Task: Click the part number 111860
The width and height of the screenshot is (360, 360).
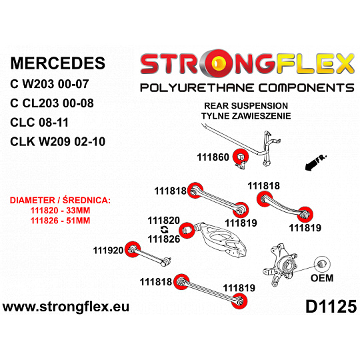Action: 213,157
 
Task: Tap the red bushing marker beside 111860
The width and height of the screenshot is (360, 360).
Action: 241,157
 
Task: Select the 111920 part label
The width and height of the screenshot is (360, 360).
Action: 109,250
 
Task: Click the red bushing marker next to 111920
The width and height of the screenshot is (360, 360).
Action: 133,249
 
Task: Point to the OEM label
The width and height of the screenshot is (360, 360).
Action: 322,278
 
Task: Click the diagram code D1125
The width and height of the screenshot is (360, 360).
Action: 331,307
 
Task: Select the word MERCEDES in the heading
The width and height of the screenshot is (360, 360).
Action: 58,63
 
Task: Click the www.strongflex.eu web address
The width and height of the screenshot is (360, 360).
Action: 66,307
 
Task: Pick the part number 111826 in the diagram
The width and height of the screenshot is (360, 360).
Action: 164,239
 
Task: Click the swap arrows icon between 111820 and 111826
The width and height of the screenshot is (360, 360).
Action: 165,229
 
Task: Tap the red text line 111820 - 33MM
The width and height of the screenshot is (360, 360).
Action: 60,211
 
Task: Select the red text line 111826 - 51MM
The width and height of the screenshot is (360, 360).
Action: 60,221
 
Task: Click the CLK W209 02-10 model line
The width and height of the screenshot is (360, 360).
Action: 57,141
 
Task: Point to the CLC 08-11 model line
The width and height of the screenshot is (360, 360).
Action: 39,122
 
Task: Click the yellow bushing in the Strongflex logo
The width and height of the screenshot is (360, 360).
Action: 220,63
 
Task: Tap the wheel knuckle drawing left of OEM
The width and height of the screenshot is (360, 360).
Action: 280,265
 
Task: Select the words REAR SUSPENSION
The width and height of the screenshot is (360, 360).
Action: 246,106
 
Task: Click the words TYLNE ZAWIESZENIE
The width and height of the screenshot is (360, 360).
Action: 246,116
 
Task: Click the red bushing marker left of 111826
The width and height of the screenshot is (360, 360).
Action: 187,230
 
